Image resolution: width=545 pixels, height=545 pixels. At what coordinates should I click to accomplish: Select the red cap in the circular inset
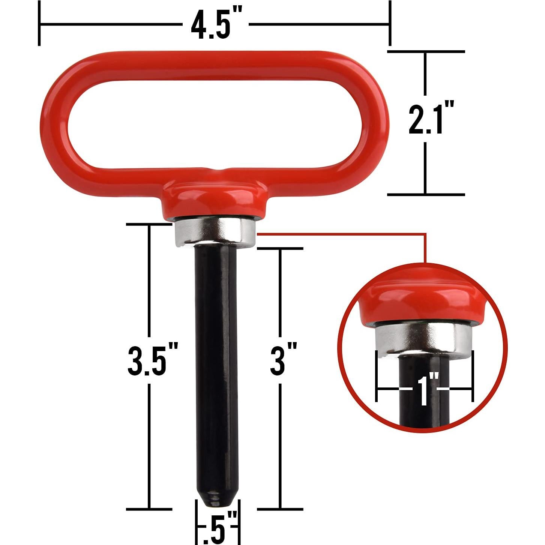423,304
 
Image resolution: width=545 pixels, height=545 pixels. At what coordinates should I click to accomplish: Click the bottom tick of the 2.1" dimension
426,194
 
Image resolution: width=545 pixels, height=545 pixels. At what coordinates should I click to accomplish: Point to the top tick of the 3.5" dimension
149,224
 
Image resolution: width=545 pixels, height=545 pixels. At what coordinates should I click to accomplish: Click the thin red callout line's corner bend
425,234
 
